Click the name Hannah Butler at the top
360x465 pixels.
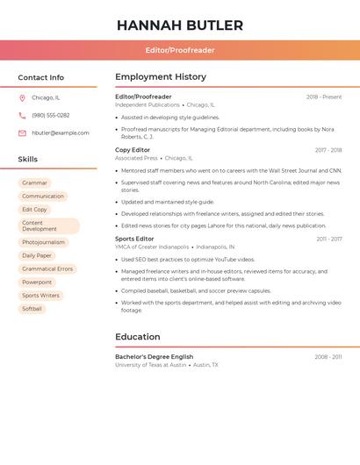click(x=180, y=25)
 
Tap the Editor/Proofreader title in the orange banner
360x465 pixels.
click(x=180, y=50)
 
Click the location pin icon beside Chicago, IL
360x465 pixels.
click(x=22, y=98)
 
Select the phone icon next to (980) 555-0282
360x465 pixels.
click(x=22, y=116)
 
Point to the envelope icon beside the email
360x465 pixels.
click(x=22, y=133)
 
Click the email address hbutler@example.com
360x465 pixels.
click(x=61, y=133)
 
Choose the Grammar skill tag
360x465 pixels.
click(x=35, y=183)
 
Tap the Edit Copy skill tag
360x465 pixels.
click(x=35, y=210)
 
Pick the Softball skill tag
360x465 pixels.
click(x=32, y=309)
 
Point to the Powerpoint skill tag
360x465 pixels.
click(x=37, y=283)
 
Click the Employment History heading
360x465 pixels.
click(x=161, y=77)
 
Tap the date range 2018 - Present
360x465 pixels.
click(x=324, y=97)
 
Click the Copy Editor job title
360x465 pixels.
click(x=133, y=150)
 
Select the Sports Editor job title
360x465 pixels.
click(x=134, y=239)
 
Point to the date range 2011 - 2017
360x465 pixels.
click(x=329, y=239)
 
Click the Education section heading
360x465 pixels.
click(x=138, y=337)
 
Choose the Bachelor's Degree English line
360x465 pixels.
click(x=155, y=357)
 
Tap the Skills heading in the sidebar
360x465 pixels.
click(x=28, y=160)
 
